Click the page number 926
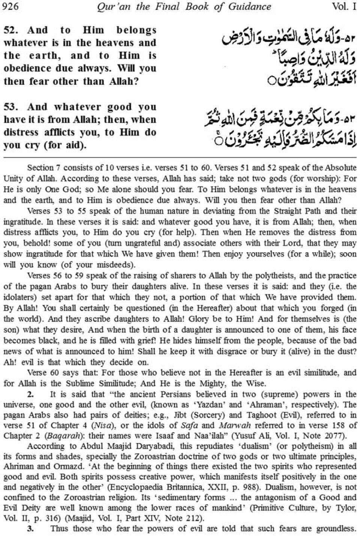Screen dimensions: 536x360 click(x=10, y=7)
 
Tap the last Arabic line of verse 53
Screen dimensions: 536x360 click(x=281, y=140)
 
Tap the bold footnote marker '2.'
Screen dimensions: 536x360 click(x=31, y=394)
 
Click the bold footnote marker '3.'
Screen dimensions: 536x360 click(x=31, y=529)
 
